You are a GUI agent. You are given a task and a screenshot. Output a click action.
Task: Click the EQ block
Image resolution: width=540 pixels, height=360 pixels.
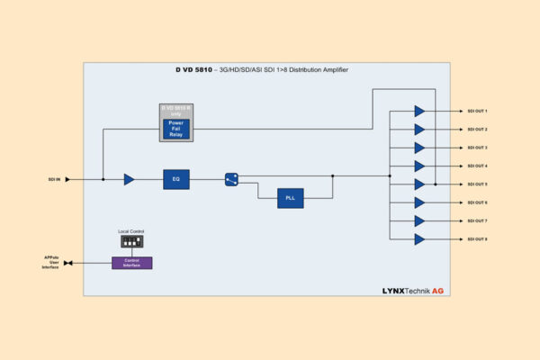point(176,179)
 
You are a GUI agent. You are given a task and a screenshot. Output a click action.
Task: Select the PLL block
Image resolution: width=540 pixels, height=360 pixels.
point(291,198)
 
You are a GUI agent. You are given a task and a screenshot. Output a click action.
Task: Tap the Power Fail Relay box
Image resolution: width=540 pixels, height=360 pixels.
point(176,128)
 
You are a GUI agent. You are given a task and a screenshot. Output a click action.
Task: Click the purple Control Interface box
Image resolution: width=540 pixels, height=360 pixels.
point(132,263)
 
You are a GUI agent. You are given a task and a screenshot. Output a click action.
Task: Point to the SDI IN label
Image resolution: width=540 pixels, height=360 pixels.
point(54,179)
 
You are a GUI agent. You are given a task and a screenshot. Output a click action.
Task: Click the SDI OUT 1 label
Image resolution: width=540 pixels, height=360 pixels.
point(477,111)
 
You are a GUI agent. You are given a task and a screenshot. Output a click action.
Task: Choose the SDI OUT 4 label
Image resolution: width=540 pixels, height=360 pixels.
point(477,166)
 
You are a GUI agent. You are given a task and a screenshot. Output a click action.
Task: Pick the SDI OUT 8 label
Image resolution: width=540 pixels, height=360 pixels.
point(477,239)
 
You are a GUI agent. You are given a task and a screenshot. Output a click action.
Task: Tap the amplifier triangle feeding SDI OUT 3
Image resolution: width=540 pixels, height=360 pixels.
point(419,148)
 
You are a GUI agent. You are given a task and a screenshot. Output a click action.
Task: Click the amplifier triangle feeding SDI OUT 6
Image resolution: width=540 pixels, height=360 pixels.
point(419,202)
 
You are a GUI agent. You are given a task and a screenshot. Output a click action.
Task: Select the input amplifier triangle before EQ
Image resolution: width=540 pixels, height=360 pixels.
point(129,179)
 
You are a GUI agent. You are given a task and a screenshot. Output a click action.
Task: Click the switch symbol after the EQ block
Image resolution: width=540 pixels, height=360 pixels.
point(231,179)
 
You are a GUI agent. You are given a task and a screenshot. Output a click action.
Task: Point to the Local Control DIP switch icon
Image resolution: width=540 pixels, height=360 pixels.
point(132,242)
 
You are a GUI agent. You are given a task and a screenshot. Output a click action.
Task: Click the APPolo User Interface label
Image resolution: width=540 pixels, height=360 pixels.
point(50,263)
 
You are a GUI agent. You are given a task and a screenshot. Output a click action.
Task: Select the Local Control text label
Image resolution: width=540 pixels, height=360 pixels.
point(132,231)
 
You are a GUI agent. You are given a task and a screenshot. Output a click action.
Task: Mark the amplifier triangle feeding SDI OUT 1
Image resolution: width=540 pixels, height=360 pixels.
point(419,111)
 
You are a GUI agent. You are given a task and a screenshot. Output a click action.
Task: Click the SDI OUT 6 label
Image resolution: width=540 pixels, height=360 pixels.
point(477,202)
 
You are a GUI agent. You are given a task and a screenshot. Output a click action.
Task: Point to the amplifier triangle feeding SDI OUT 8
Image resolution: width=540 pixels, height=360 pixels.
point(419,239)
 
